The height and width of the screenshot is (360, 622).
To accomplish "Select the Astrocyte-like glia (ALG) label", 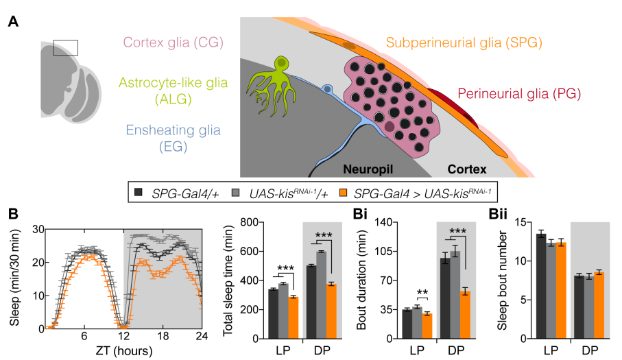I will click(173, 91).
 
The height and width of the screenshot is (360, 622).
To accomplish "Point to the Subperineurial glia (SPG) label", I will click(464, 43).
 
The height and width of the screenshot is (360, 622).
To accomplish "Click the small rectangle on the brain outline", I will click(65, 47).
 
